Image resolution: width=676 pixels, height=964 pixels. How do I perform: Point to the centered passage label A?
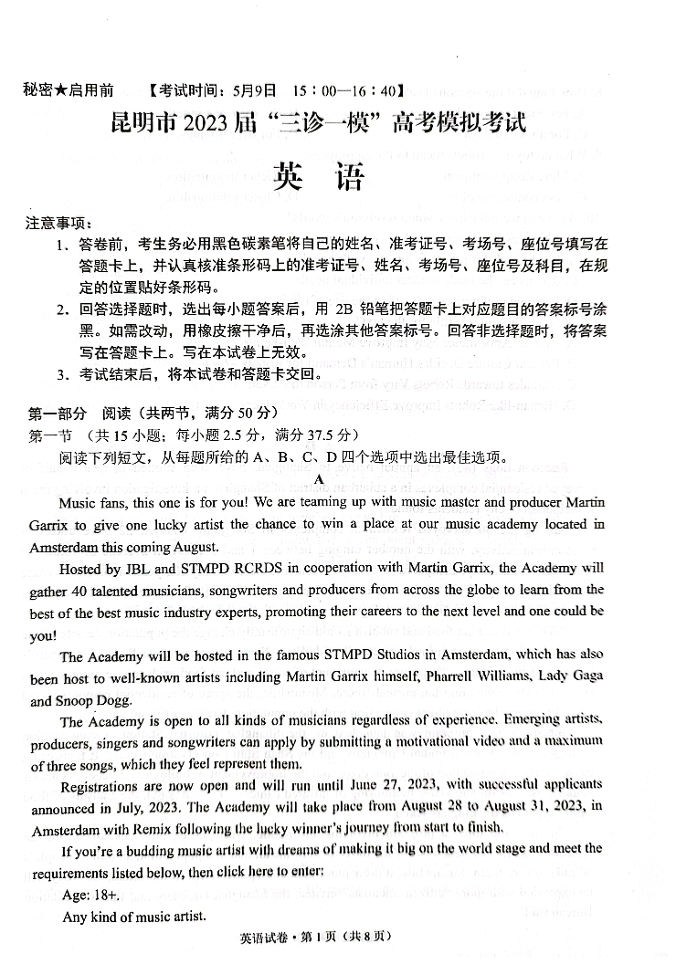click(319, 479)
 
